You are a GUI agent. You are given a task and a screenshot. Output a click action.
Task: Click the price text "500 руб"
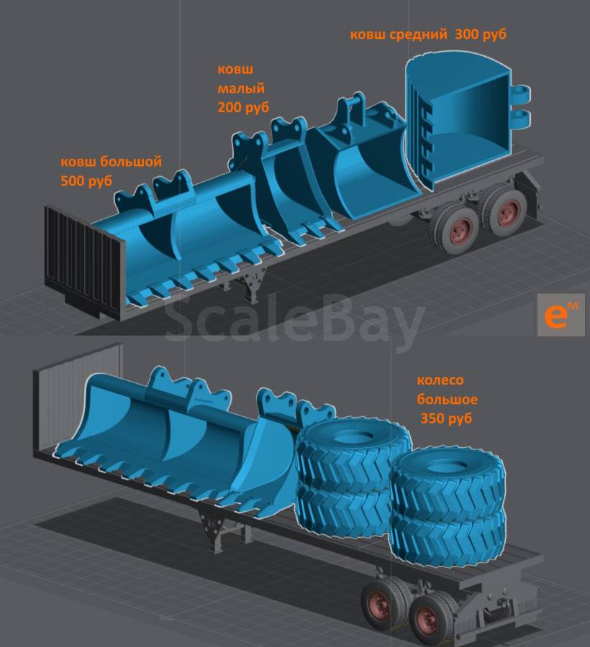[86, 180]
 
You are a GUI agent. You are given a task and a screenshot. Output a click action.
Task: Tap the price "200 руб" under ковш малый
[243, 107]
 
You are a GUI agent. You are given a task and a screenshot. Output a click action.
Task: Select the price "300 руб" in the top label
[481, 34]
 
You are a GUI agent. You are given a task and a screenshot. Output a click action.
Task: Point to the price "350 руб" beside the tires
[446, 418]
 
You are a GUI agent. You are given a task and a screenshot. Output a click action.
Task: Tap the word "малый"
[241, 88]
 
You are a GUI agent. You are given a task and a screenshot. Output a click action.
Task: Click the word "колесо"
[440, 380]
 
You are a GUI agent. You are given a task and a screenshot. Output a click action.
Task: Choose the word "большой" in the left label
[130, 161]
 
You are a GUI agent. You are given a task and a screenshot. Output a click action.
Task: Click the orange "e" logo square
[561, 315]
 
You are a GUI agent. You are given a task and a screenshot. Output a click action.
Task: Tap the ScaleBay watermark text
[294, 318]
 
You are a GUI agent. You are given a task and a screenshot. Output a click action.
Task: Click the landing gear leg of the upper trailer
[253, 281]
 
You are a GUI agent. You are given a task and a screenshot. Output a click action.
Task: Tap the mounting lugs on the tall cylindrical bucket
[521, 106]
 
